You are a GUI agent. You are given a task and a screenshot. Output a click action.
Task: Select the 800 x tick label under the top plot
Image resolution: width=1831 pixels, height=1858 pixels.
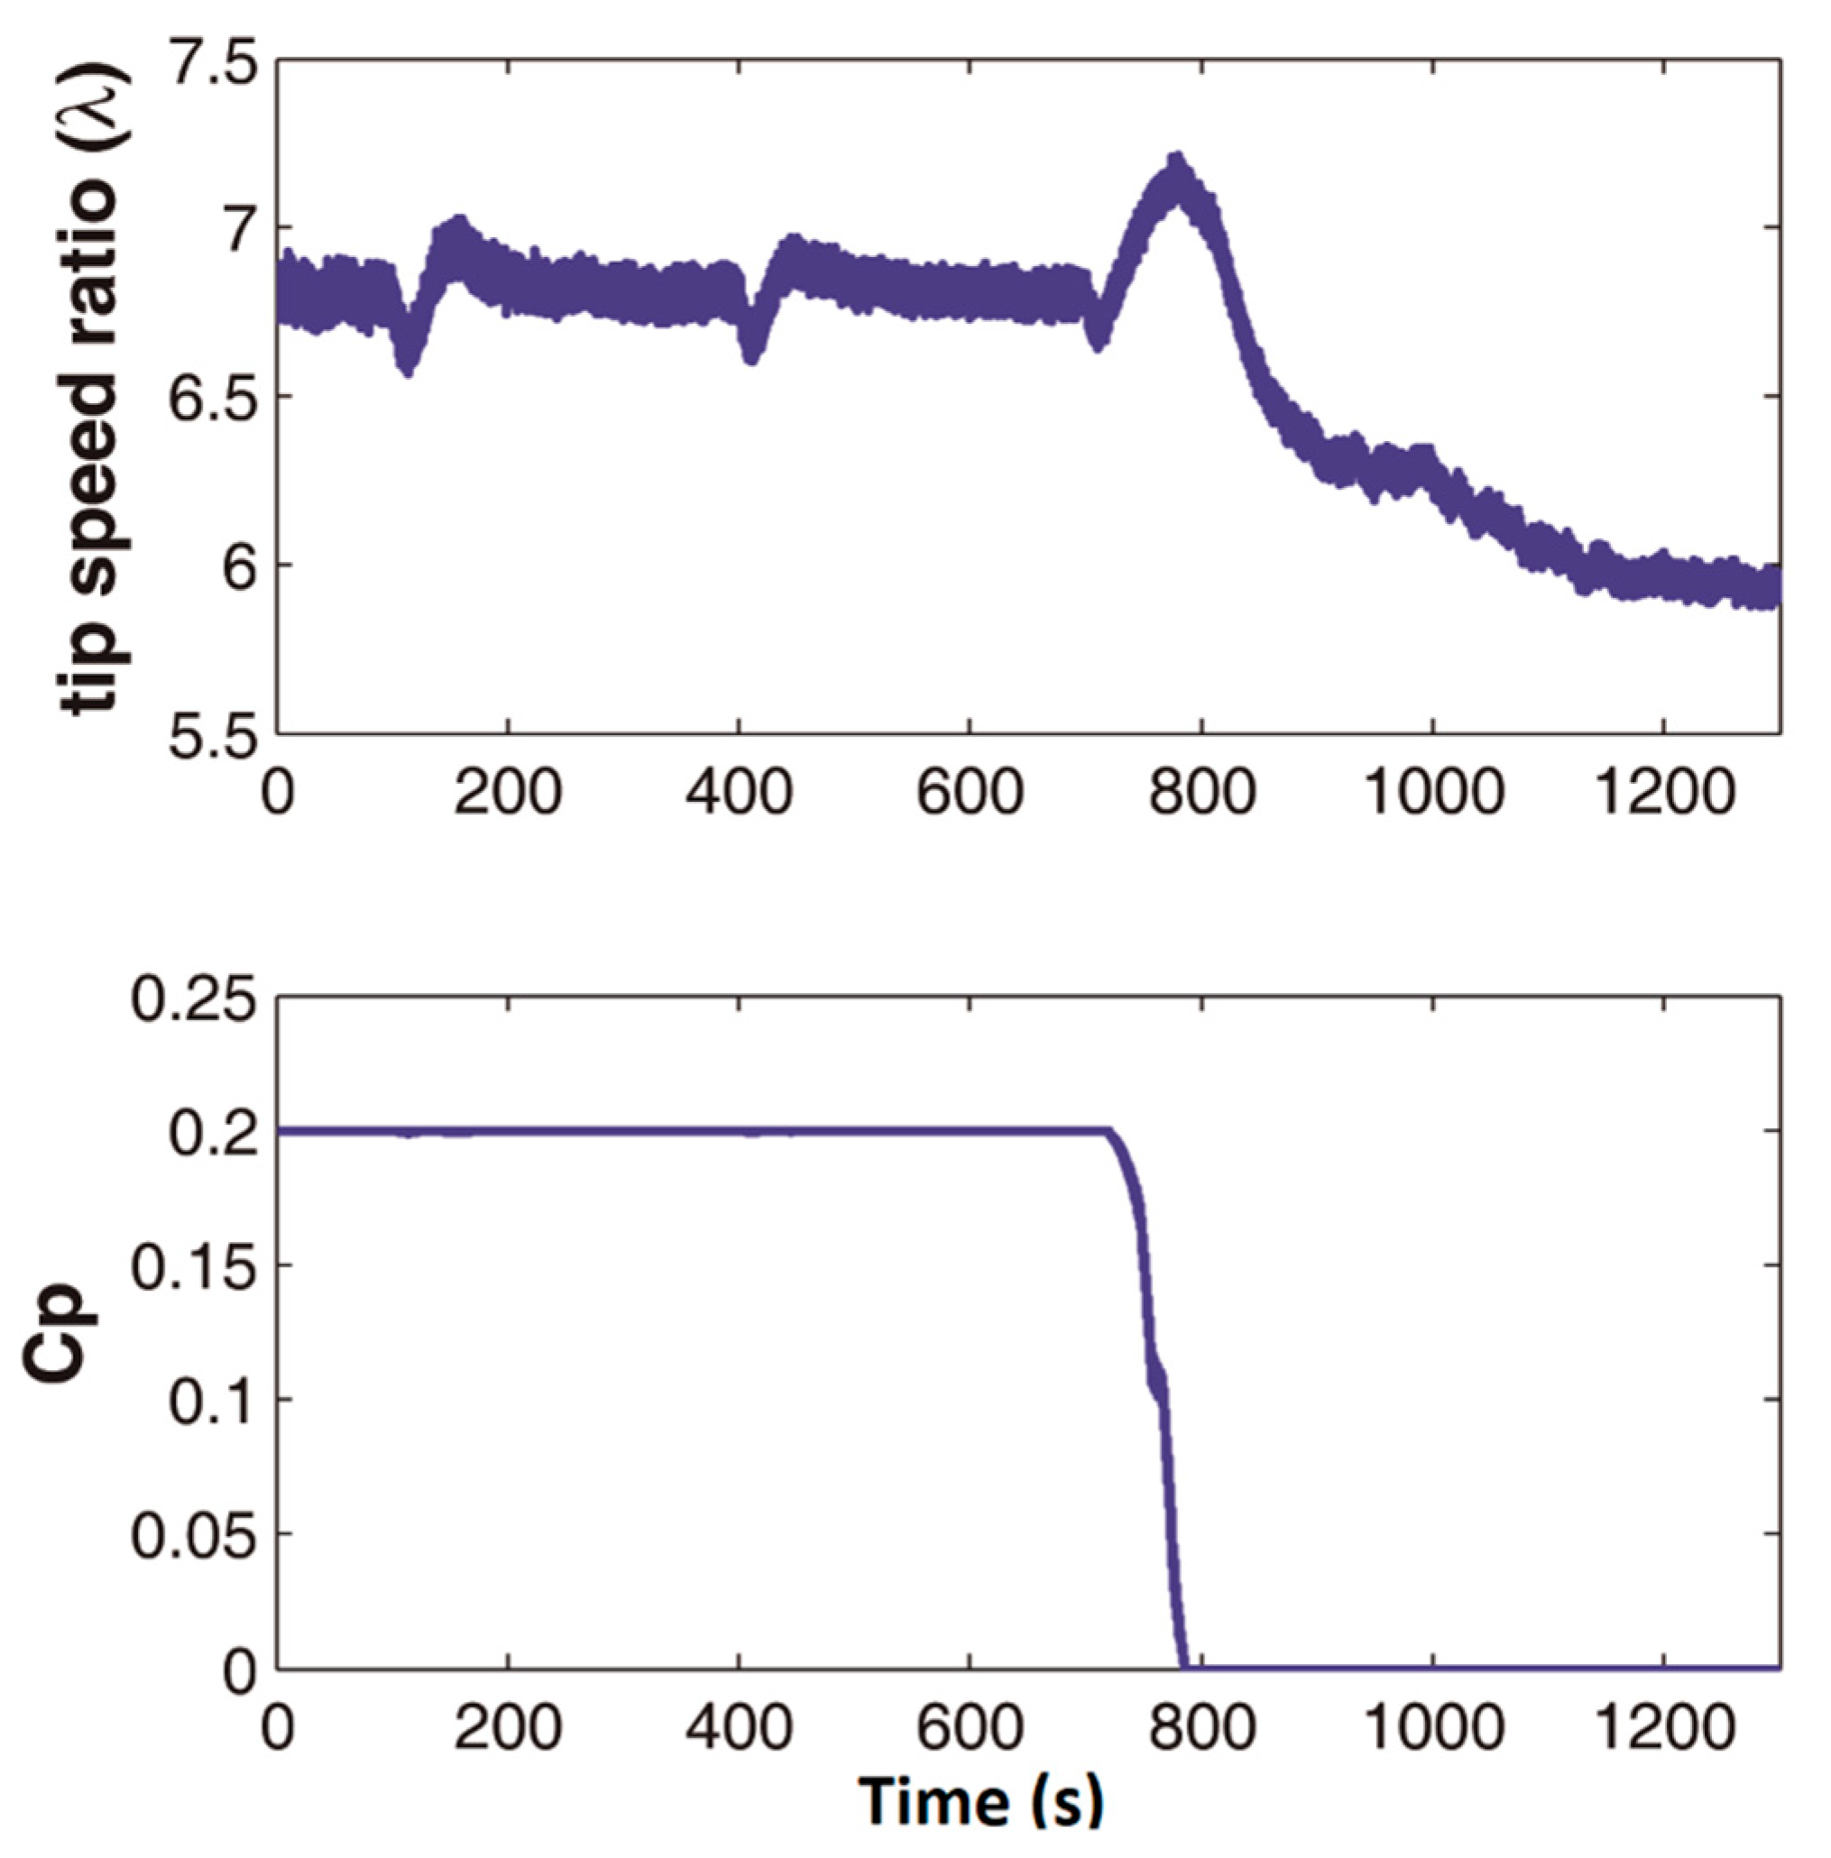(1202, 795)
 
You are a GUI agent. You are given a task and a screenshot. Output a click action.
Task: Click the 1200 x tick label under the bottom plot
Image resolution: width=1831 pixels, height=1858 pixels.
(1663, 1728)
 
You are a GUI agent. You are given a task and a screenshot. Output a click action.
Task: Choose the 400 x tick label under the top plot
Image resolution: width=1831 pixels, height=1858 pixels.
(739, 795)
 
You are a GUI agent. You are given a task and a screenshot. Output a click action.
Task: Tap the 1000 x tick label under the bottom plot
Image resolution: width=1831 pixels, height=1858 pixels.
(1433, 1728)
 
